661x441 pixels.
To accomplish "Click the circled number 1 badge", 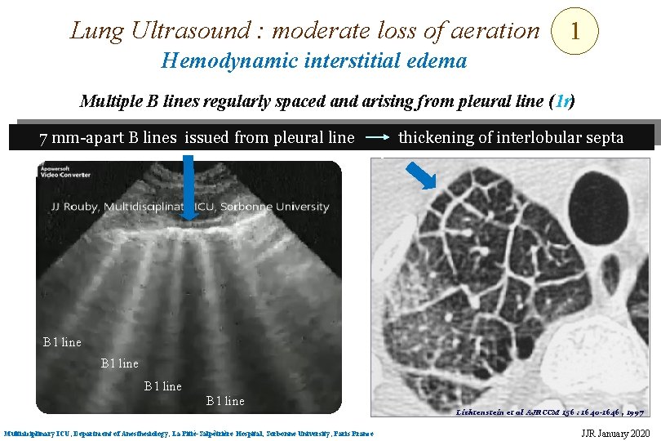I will point(575,32).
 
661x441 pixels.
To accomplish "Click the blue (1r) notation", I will point(563,101).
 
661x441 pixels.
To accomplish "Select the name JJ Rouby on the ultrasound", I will point(73,207).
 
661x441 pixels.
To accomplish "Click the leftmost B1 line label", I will point(62,342).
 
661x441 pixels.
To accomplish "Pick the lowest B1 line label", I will point(224,400).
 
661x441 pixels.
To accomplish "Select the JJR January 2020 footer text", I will point(614,433).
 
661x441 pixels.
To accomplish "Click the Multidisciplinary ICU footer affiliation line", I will point(188,433).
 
